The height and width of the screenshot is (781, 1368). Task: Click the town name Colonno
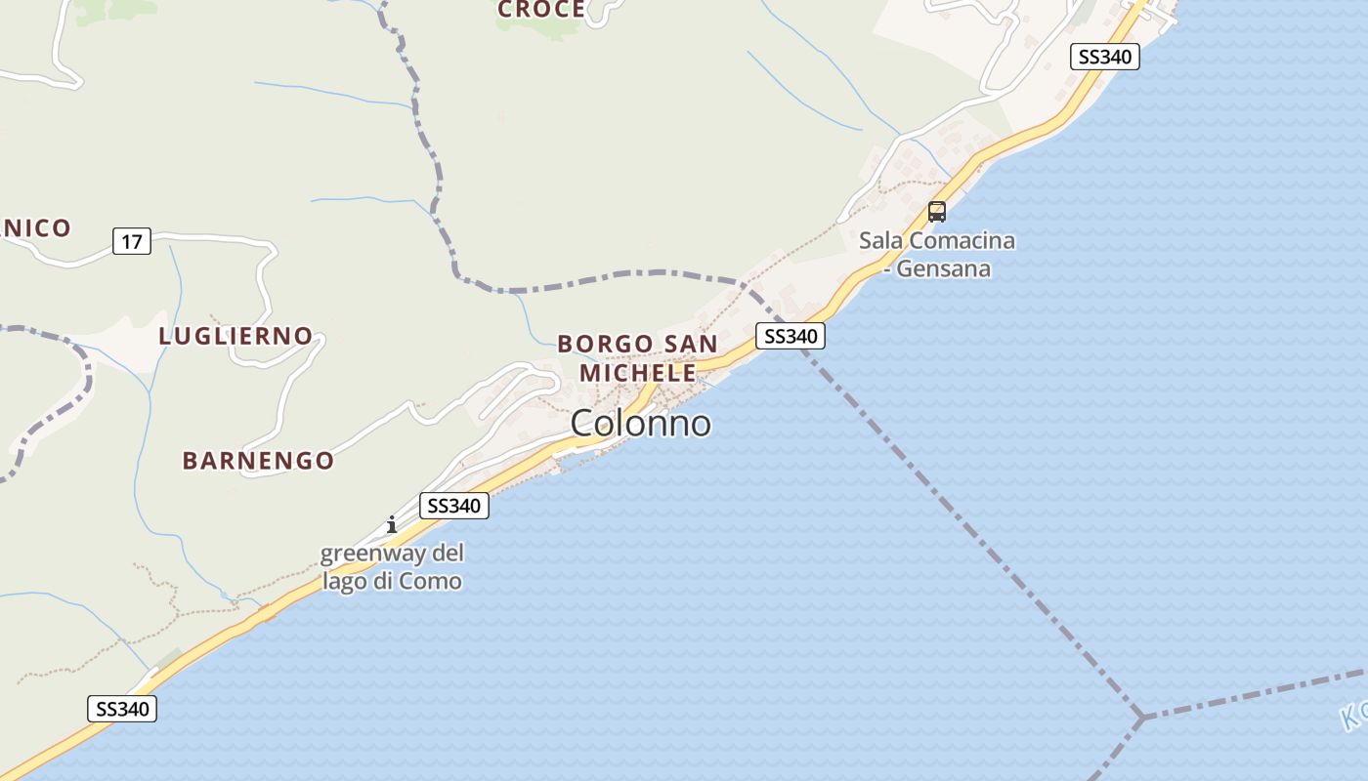pos(640,423)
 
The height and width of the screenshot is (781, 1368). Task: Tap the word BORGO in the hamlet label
pos(605,344)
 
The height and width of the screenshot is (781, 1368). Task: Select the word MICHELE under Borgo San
pos(638,372)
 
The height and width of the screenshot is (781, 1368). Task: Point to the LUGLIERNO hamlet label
pos(235,336)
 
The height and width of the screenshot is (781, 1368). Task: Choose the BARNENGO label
pos(258,460)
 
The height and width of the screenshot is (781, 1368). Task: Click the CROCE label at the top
pos(541,10)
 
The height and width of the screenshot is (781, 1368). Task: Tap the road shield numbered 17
pos(132,240)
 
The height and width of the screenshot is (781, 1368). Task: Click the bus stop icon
pos(937,211)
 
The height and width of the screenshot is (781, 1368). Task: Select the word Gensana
pos(944,268)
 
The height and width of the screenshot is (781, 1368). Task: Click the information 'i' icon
pos(392,525)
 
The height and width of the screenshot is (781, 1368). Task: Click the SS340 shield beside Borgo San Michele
pos(791,336)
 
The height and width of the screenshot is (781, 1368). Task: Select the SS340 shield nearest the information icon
pos(454,506)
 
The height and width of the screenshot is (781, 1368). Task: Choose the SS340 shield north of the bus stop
pos(1105,57)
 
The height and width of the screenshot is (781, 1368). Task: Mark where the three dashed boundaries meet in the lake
pos(1141,718)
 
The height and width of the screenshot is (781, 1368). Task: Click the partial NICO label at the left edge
pos(35,228)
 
